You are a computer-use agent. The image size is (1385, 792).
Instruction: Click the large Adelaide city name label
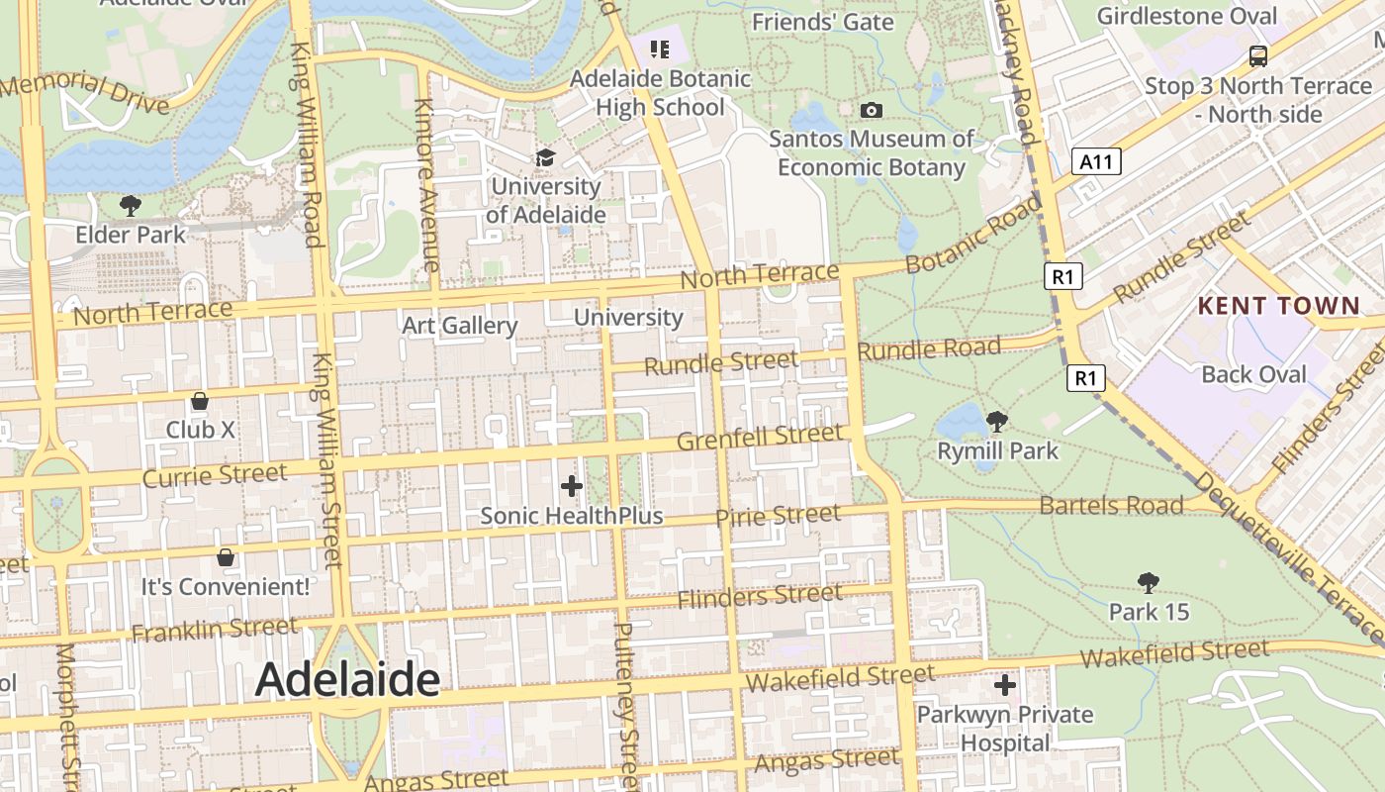[x=347, y=680]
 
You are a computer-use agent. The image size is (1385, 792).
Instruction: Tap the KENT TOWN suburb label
[x=1279, y=306]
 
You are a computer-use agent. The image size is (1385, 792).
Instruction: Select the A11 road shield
[x=1096, y=161]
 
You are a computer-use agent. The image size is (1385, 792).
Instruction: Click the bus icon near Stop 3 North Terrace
[x=1257, y=56]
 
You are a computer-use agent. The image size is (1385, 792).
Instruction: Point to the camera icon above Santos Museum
[x=872, y=110]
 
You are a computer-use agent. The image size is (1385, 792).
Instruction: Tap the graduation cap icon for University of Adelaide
[x=545, y=158]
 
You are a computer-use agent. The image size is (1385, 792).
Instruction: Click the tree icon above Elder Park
[x=130, y=206]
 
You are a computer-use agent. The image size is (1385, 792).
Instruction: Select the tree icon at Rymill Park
[x=996, y=422]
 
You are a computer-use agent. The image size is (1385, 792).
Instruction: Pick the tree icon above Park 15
[x=1148, y=582]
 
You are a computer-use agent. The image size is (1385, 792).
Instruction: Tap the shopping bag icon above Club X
[x=200, y=401]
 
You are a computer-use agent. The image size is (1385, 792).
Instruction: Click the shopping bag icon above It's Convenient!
[x=226, y=557]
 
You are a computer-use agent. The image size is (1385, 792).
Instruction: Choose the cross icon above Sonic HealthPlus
[x=571, y=486]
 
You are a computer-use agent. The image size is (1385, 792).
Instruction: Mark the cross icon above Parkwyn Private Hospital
[x=1005, y=685]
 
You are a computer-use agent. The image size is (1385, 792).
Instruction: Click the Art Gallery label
[x=459, y=326]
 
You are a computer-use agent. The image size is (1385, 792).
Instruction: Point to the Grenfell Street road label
[x=760, y=437]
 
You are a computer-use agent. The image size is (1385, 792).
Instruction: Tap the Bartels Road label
[x=1111, y=506]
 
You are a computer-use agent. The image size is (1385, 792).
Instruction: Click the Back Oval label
[x=1253, y=374]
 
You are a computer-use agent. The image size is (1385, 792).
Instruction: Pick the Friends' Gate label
[x=822, y=22]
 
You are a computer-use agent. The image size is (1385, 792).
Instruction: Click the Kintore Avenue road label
[x=426, y=185]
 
